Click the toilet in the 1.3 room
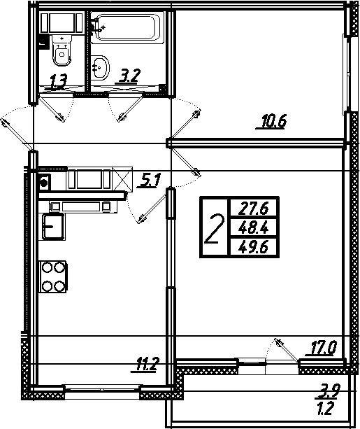tap(62, 50)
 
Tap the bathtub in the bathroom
tap(127, 27)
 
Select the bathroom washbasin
tap(100, 68)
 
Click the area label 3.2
tap(129, 76)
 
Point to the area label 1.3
tap(58, 82)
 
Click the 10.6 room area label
tap(273, 122)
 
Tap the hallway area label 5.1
tap(150, 181)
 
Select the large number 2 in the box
tap(215, 229)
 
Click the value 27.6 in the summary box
tap(253, 209)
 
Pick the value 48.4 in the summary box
tap(253, 227)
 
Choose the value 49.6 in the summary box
tap(253, 247)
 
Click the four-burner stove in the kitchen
tap(53, 276)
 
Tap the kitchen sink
tap(54, 226)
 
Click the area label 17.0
tap(323, 348)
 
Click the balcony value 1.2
tap(325, 409)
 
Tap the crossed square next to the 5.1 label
tap(122, 179)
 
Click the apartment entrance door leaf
tap(17, 134)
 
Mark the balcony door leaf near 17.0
tap(287, 350)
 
